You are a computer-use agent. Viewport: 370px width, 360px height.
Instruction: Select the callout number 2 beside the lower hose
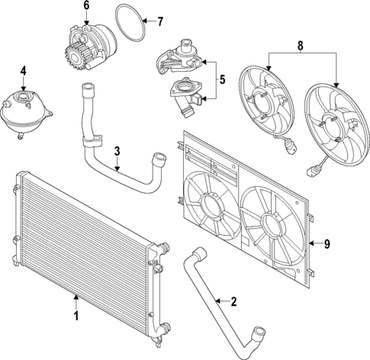pos(233,301)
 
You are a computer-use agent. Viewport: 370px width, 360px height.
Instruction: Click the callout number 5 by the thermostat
pos(222,78)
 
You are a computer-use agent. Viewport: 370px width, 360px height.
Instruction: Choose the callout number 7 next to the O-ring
pos(159,21)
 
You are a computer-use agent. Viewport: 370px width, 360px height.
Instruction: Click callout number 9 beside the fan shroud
pos(326,244)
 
